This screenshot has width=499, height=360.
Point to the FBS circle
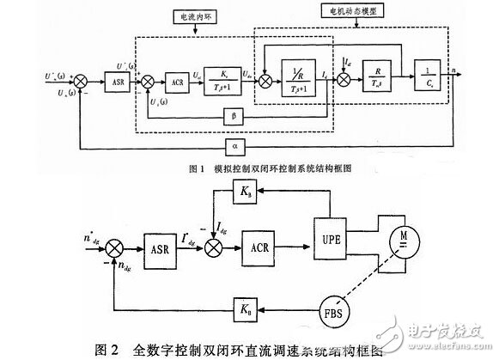331,308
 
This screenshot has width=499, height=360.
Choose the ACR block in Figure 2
262,235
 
